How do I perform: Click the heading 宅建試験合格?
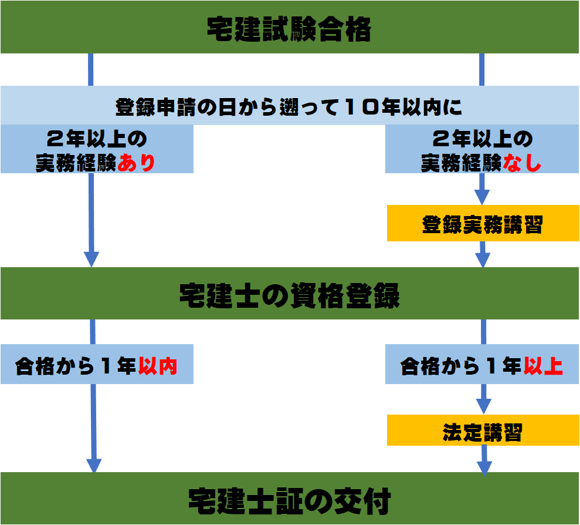pos(289,29)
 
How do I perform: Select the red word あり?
pos(136,163)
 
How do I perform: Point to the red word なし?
pos(521,163)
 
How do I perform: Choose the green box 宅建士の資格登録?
pos(289,296)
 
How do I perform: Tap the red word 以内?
pos(158,367)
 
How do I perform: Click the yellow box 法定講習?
pos(482,433)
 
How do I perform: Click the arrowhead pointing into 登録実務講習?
pos(482,197)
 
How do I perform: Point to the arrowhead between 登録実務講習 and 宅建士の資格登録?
pos(482,259)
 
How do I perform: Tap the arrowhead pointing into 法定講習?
pos(482,406)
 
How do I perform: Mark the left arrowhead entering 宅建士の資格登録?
pos(91,259)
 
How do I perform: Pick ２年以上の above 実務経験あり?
pos(96,141)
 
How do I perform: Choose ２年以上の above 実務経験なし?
pos(482,141)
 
